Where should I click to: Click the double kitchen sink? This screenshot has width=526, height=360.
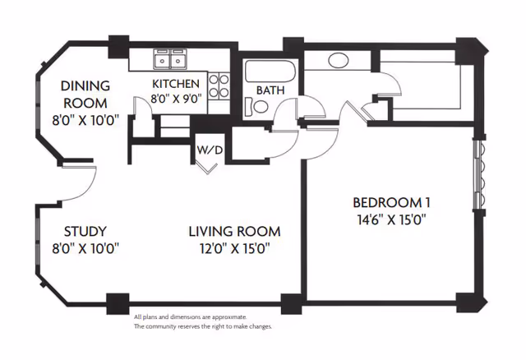tap(171, 59)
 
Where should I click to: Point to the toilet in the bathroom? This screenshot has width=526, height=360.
tap(258, 105)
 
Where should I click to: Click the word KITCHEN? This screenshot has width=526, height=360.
tap(176, 84)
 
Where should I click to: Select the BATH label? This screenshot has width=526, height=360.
tap(270, 90)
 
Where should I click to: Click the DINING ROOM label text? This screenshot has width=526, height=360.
tap(85, 94)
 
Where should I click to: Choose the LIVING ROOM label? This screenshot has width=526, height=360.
tap(233, 231)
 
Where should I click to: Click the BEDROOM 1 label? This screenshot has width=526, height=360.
tap(392, 203)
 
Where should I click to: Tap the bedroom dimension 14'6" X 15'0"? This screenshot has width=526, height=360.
tap(392, 219)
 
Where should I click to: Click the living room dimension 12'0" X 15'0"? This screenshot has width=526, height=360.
tap(233, 247)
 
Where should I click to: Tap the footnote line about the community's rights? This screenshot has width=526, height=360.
tap(202, 326)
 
